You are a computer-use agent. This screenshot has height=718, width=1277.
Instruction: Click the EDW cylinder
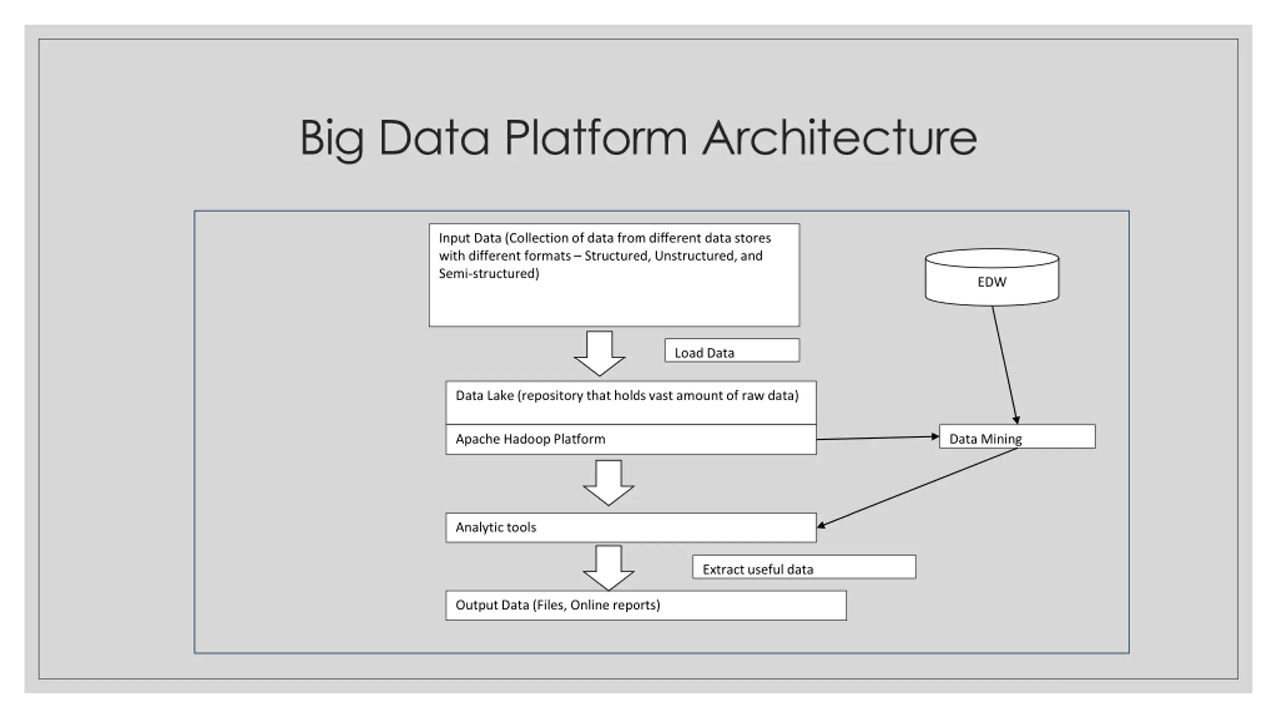coord(992,277)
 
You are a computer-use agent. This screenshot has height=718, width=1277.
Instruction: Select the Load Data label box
coord(732,350)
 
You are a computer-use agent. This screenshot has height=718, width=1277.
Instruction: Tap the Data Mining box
coord(1017,437)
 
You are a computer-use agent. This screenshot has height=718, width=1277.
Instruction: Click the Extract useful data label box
coord(804,567)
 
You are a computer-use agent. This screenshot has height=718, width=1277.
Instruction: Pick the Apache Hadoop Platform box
coord(631,439)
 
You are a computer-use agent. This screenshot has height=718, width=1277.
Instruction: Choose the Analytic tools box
coord(631,528)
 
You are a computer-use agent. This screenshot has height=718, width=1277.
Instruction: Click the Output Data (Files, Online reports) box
coord(646,605)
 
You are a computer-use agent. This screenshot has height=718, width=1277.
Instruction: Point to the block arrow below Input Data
coord(599,353)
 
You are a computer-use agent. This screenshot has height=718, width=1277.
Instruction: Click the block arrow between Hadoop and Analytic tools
coord(609,483)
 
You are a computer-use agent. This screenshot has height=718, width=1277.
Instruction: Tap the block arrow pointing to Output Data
coord(609,568)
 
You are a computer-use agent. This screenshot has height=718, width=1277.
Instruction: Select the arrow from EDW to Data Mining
coord(1005,365)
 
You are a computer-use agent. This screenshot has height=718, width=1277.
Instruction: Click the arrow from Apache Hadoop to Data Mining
coord(878,438)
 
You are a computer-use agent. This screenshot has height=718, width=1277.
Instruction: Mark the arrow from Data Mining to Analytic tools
coord(917,487)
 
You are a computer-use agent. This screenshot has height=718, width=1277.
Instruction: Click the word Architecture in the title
coord(840,137)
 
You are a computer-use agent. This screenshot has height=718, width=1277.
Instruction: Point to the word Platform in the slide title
coord(596,137)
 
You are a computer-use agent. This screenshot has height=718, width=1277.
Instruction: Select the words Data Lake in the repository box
coord(484,396)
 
